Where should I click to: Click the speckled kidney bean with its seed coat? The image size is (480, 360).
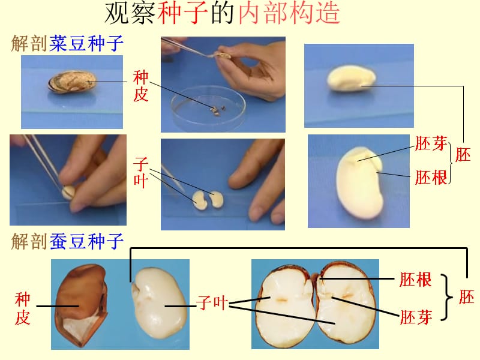click(71, 82)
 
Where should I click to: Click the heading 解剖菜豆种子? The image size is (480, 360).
click(67, 43)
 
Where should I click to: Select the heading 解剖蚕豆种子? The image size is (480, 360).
click(67, 241)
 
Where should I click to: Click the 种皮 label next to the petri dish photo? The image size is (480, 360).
click(140, 86)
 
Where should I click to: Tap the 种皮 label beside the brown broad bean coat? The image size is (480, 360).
click(22, 308)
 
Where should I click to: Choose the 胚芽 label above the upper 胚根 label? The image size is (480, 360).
click(431, 143)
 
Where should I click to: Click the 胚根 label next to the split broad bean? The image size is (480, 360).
click(415, 280)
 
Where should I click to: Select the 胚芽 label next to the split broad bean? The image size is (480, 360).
click(416, 317)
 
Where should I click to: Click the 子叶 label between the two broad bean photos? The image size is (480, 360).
click(212, 303)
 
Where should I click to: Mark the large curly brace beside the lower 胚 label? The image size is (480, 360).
click(446, 297)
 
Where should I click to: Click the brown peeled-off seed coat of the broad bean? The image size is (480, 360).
click(82, 305)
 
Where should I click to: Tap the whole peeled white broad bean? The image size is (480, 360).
click(158, 303)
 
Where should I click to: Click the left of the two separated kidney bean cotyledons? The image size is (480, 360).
click(200, 200)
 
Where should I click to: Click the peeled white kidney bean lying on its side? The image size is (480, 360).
click(352, 78)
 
